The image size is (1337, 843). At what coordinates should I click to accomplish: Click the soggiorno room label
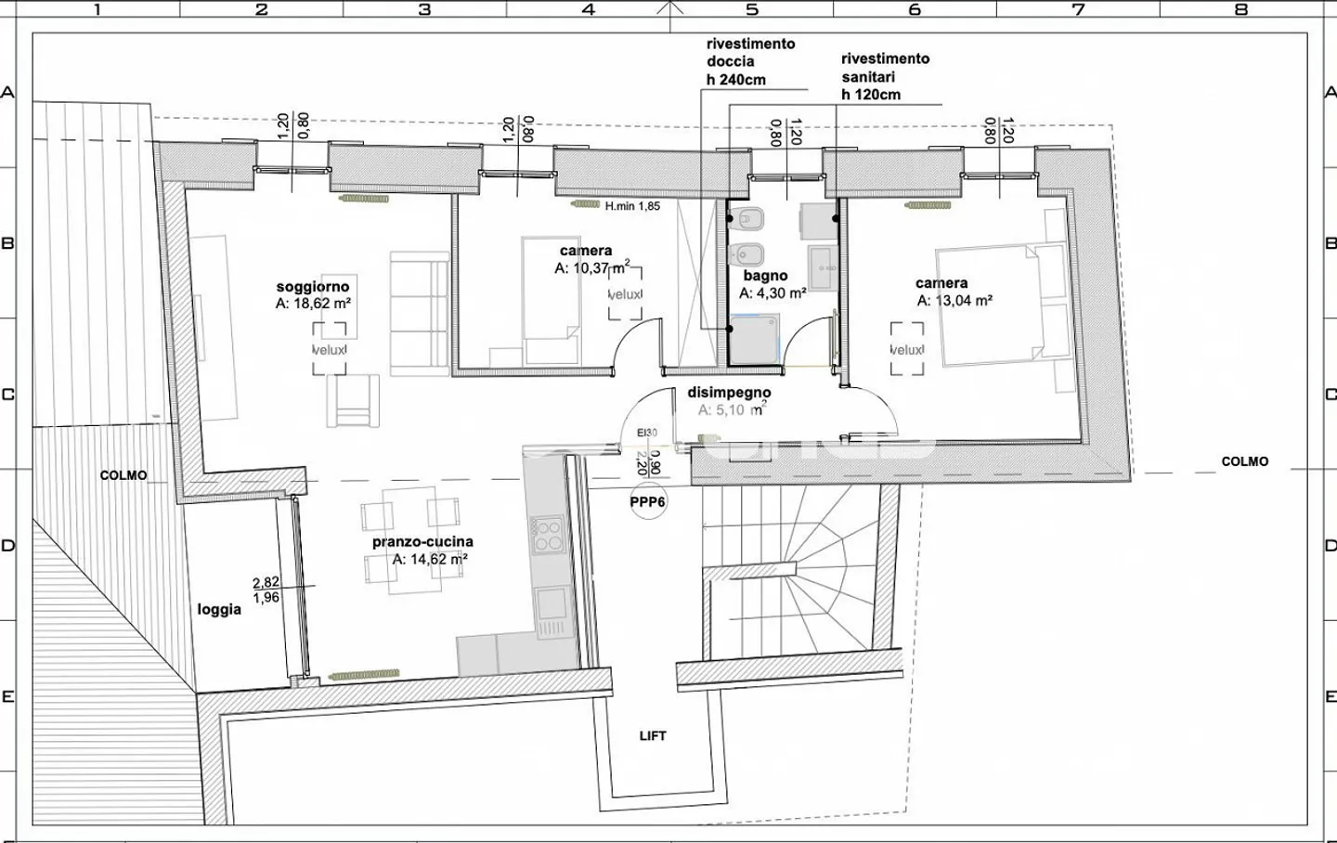[x=312, y=287]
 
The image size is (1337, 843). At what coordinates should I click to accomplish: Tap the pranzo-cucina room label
[x=422, y=541]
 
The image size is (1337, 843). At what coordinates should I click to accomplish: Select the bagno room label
[x=765, y=276]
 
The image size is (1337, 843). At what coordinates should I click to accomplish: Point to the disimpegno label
[x=729, y=393]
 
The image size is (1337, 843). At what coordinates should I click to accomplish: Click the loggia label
[x=219, y=610]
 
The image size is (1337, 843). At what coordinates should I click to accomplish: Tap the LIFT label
[x=653, y=735]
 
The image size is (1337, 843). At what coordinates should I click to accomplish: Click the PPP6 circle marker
[x=647, y=502]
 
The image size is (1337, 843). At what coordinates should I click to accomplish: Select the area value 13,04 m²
[x=954, y=301]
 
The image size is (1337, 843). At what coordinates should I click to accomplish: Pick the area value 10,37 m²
[x=591, y=268]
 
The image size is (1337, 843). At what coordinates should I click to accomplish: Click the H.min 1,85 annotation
[x=632, y=206]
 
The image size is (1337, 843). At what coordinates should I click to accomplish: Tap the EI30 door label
[x=646, y=433]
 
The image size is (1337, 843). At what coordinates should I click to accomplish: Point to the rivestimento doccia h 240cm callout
[x=750, y=61]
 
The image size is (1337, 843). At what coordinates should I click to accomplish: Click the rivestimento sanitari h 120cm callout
[x=885, y=76]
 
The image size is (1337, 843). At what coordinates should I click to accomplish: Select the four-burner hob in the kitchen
[x=548, y=536]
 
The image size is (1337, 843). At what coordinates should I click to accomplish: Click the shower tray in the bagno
[x=754, y=340]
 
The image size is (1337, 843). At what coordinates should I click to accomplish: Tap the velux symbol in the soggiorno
[x=330, y=349]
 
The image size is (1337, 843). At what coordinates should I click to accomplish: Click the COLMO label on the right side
[x=1244, y=461]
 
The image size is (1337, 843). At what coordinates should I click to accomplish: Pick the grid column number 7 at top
[x=1078, y=9]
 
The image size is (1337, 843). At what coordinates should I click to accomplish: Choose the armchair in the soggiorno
[x=353, y=402]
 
